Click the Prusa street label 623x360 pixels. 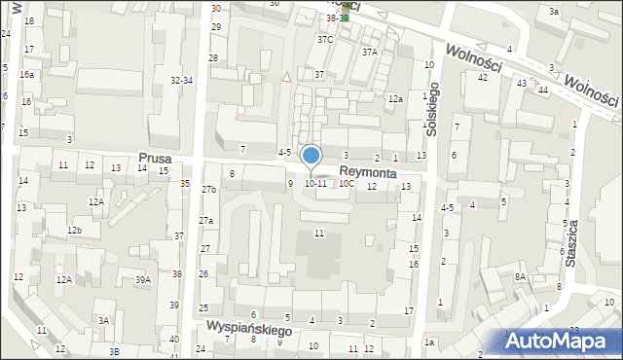pyautogui.click(x=156, y=157)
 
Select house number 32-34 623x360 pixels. pyautogui.click(x=181, y=81)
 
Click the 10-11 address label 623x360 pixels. pyautogui.click(x=315, y=183)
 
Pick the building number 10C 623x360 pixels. pyautogui.click(x=347, y=183)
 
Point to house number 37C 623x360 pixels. pyautogui.click(x=324, y=40)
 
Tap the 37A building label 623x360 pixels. pyautogui.click(x=369, y=53)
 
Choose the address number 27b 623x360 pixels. pyautogui.click(x=208, y=189)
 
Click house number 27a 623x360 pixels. pyautogui.click(x=205, y=221)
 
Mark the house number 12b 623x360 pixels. pyautogui.click(x=74, y=230)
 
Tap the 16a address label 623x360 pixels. pyautogui.click(x=26, y=74)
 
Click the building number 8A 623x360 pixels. pyautogui.click(x=520, y=277)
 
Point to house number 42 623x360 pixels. pyautogui.click(x=482, y=77)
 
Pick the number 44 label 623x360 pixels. pyautogui.click(x=542, y=90)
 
